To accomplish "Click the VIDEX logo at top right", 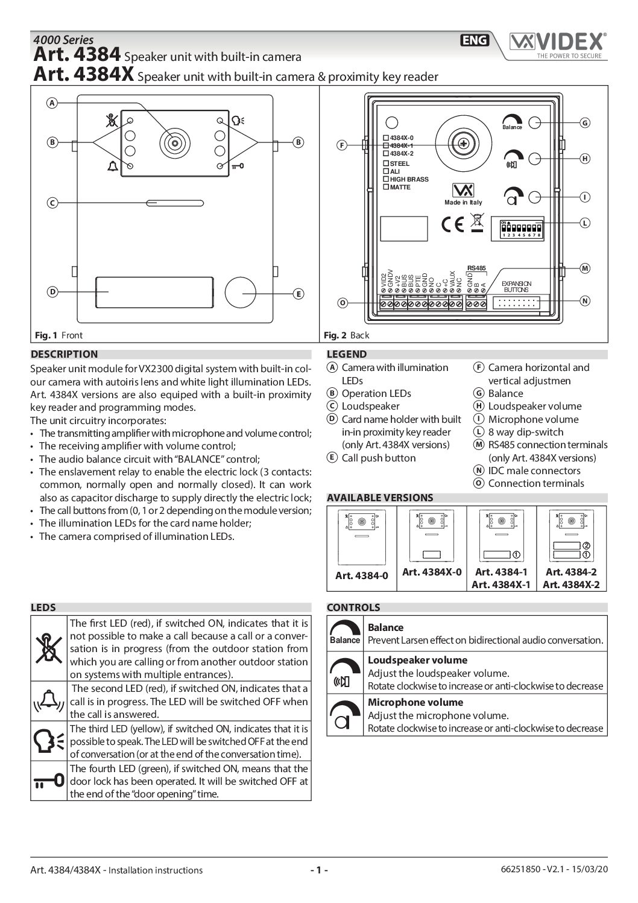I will click(557, 43).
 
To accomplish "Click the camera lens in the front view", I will click(175, 143).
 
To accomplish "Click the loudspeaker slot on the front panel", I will click(175, 203).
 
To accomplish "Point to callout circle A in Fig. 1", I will click(52, 103).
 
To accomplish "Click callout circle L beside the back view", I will click(584, 223).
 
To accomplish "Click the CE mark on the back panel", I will click(452, 224).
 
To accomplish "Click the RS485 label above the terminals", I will click(476, 267).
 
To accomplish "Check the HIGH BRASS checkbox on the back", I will click(386, 179).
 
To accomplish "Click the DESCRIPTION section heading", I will click(64, 354).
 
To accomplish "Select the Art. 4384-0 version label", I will click(361, 575).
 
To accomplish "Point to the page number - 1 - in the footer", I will click(318, 870).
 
